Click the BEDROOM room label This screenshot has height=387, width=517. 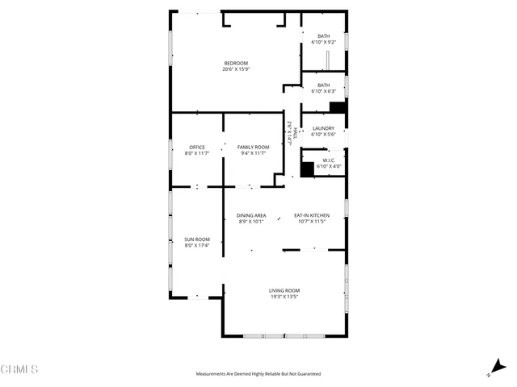coord(236,63)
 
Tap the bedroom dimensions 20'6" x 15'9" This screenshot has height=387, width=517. coord(236,69)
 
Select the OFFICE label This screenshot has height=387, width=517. coord(197,147)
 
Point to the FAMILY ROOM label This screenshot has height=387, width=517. coord(253,147)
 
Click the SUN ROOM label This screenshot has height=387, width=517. coord(197,239)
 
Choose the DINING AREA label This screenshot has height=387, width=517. coord(251,215)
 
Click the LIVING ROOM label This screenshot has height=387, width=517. coord(284,290)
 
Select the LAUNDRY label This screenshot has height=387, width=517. coord(323,128)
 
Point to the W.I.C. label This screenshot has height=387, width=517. coord(329,160)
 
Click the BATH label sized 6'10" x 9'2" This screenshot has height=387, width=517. coord(323,35)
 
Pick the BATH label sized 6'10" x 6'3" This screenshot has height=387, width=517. coord(323,85)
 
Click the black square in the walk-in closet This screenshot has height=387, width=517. coord(307,169)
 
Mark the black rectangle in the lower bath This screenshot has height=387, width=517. coord(338,106)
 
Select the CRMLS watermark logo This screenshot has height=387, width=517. coord(19,369)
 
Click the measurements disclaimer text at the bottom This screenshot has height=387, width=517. coord(258,374)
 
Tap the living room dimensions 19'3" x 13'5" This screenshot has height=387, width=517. coord(284,297)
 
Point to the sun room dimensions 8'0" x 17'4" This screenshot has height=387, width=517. coord(197,245)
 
